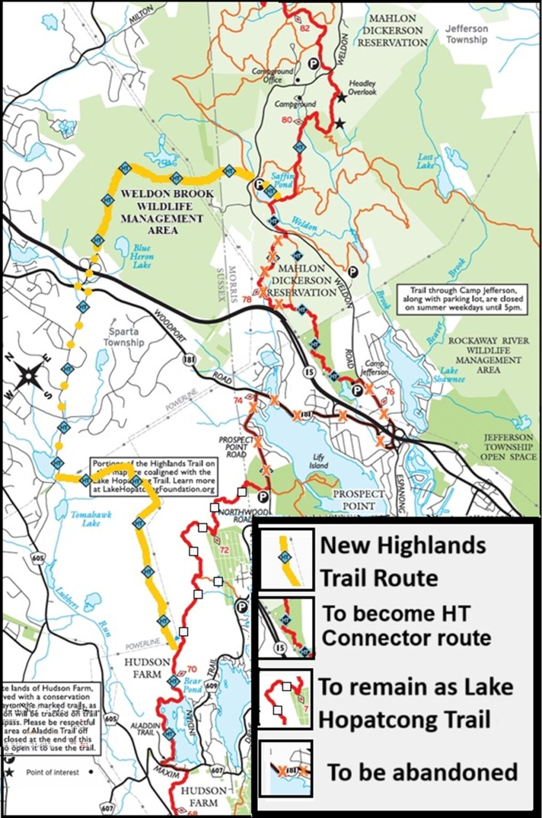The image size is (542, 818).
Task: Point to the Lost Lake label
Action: click(426, 161)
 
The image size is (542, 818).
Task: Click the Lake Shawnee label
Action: click(452, 374)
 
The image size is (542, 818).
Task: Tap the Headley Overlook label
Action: click(362, 87)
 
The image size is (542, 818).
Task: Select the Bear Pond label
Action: click(193, 685)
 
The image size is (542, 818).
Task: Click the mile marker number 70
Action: click(192, 669)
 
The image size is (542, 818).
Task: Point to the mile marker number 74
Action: click(238, 399)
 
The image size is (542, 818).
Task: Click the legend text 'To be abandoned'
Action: click(422, 772)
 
